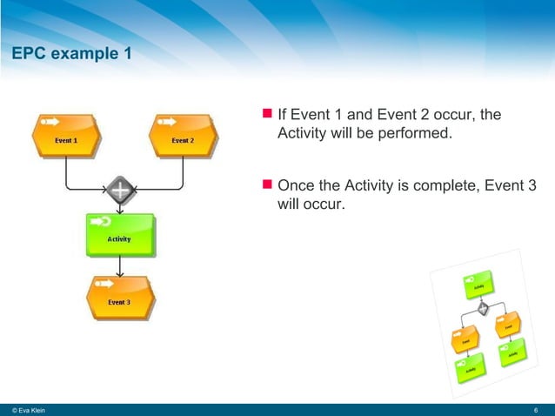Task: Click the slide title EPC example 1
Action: [71, 55]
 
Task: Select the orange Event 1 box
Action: [66, 137]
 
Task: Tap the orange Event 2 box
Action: [183, 137]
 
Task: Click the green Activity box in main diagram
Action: [119, 235]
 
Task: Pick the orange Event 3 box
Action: [119, 299]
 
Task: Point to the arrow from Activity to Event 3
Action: [119, 266]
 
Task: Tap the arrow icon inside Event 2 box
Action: [166, 121]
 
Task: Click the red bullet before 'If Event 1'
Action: [267, 114]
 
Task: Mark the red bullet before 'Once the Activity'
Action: [267, 185]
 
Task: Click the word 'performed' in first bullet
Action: [411, 134]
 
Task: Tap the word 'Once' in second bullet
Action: [296, 185]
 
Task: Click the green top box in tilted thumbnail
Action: [478, 284]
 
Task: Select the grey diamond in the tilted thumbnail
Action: [483, 306]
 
